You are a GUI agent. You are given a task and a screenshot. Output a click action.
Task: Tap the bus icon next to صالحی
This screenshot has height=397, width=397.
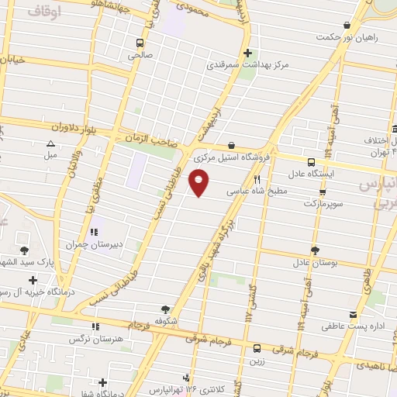(140, 43)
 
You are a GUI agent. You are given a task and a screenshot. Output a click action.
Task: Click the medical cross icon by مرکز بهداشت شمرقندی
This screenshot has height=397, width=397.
(247, 53)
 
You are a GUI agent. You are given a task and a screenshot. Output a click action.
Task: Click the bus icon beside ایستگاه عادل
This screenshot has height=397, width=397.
(311, 162)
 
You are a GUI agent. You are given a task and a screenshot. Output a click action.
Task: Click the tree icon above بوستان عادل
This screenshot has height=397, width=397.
(315, 250)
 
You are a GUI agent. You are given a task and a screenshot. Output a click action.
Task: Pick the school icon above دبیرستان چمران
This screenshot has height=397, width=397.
(95, 232)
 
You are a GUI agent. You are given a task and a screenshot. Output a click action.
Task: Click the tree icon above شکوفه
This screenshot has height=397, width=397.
(164, 307)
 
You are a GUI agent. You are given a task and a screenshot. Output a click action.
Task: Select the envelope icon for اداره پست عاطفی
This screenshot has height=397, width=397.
(354, 315)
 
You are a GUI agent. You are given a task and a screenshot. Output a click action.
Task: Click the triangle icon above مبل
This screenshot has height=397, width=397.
(51, 143)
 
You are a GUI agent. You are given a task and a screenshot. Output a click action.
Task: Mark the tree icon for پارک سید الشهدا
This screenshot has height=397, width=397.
(24, 250)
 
